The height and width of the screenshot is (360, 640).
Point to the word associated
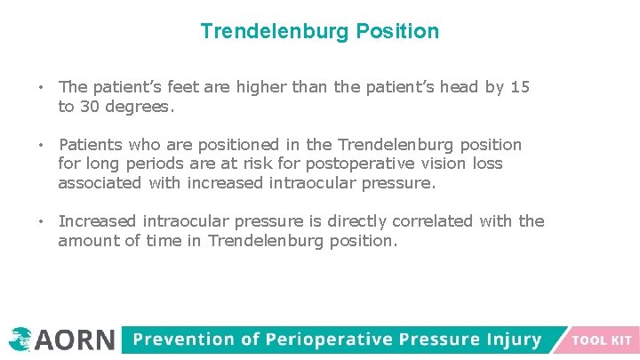click(100, 182)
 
